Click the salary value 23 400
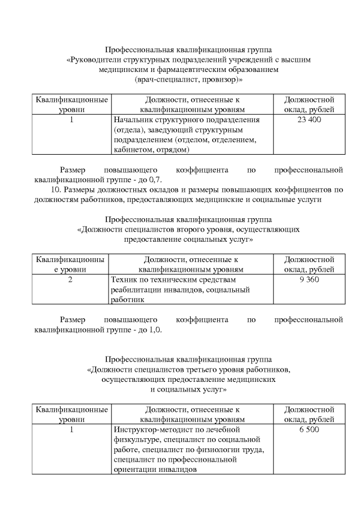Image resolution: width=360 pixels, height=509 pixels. coord(309,120)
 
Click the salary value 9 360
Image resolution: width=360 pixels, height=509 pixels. coord(309,280)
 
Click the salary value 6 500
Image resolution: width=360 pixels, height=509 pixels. coord(309,429)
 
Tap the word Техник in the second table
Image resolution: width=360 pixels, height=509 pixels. coord(124,280)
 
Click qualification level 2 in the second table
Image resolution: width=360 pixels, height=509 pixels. coord(70,280)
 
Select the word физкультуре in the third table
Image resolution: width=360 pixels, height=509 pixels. coord(134,439)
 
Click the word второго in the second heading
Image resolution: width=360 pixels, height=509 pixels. coord(195,229)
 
